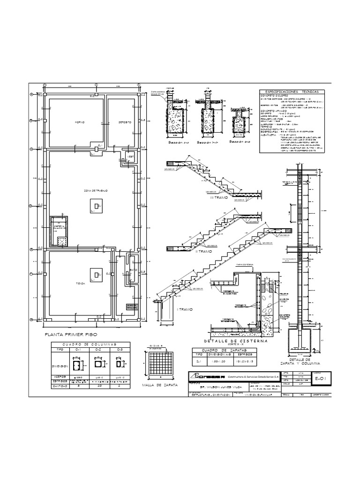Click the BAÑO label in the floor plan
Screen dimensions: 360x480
click(133, 270)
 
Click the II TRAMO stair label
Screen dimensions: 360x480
click(204, 252)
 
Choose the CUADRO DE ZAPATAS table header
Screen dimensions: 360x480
click(218, 350)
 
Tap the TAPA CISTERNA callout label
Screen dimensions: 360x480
click(245, 266)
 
